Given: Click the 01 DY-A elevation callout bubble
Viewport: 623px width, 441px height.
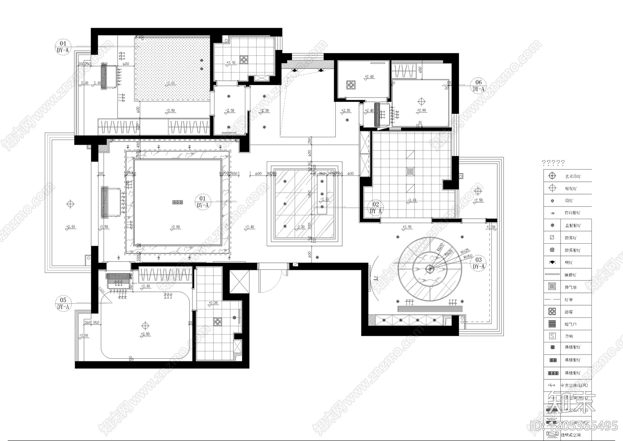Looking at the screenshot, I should tap(202, 202).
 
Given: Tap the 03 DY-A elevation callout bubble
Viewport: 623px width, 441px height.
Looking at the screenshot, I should tap(479, 263).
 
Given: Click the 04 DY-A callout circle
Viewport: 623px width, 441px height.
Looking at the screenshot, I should tap(63, 46).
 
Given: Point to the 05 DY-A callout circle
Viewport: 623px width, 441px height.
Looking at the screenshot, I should tap(63, 303).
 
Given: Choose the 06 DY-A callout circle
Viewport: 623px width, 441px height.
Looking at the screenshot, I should tap(479, 85).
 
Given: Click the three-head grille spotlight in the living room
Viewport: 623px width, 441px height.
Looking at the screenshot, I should tap(178, 202).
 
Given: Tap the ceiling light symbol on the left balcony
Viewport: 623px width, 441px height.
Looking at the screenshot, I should tap(70, 204).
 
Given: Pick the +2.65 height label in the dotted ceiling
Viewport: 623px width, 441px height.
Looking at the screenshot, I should tap(171, 83).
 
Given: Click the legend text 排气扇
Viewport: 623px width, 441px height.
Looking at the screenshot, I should tap(571, 287).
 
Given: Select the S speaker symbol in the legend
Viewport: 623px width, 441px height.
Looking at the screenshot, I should tap(552, 336).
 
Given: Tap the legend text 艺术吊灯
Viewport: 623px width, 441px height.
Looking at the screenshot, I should tap(572, 176).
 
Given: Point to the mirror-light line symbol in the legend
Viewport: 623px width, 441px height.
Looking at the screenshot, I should tap(552, 275).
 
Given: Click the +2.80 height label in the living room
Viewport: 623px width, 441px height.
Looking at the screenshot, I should tap(176, 227).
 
